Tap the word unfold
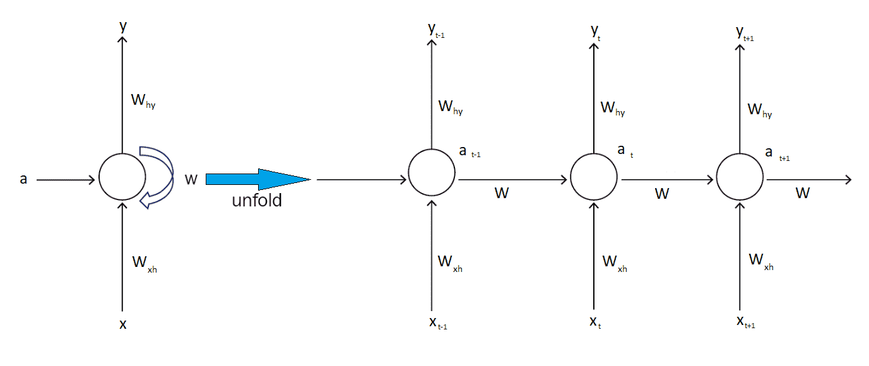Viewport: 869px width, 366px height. tap(257, 201)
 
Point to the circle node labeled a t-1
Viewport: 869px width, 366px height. tap(431, 172)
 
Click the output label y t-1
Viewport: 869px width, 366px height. tap(436, 31)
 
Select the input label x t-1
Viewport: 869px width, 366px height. tap(437, 323)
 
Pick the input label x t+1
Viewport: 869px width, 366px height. tap(745, 322)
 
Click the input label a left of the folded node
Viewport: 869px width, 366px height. tap(24, 180)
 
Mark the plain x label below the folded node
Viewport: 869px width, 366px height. tap(122, 324)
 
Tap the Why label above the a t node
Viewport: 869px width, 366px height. tap(613, 109)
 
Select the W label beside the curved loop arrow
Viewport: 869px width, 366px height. tap(191, 180)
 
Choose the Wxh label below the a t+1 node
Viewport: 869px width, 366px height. tap(760, 261)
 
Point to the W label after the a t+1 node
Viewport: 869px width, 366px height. tap(802, 193)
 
